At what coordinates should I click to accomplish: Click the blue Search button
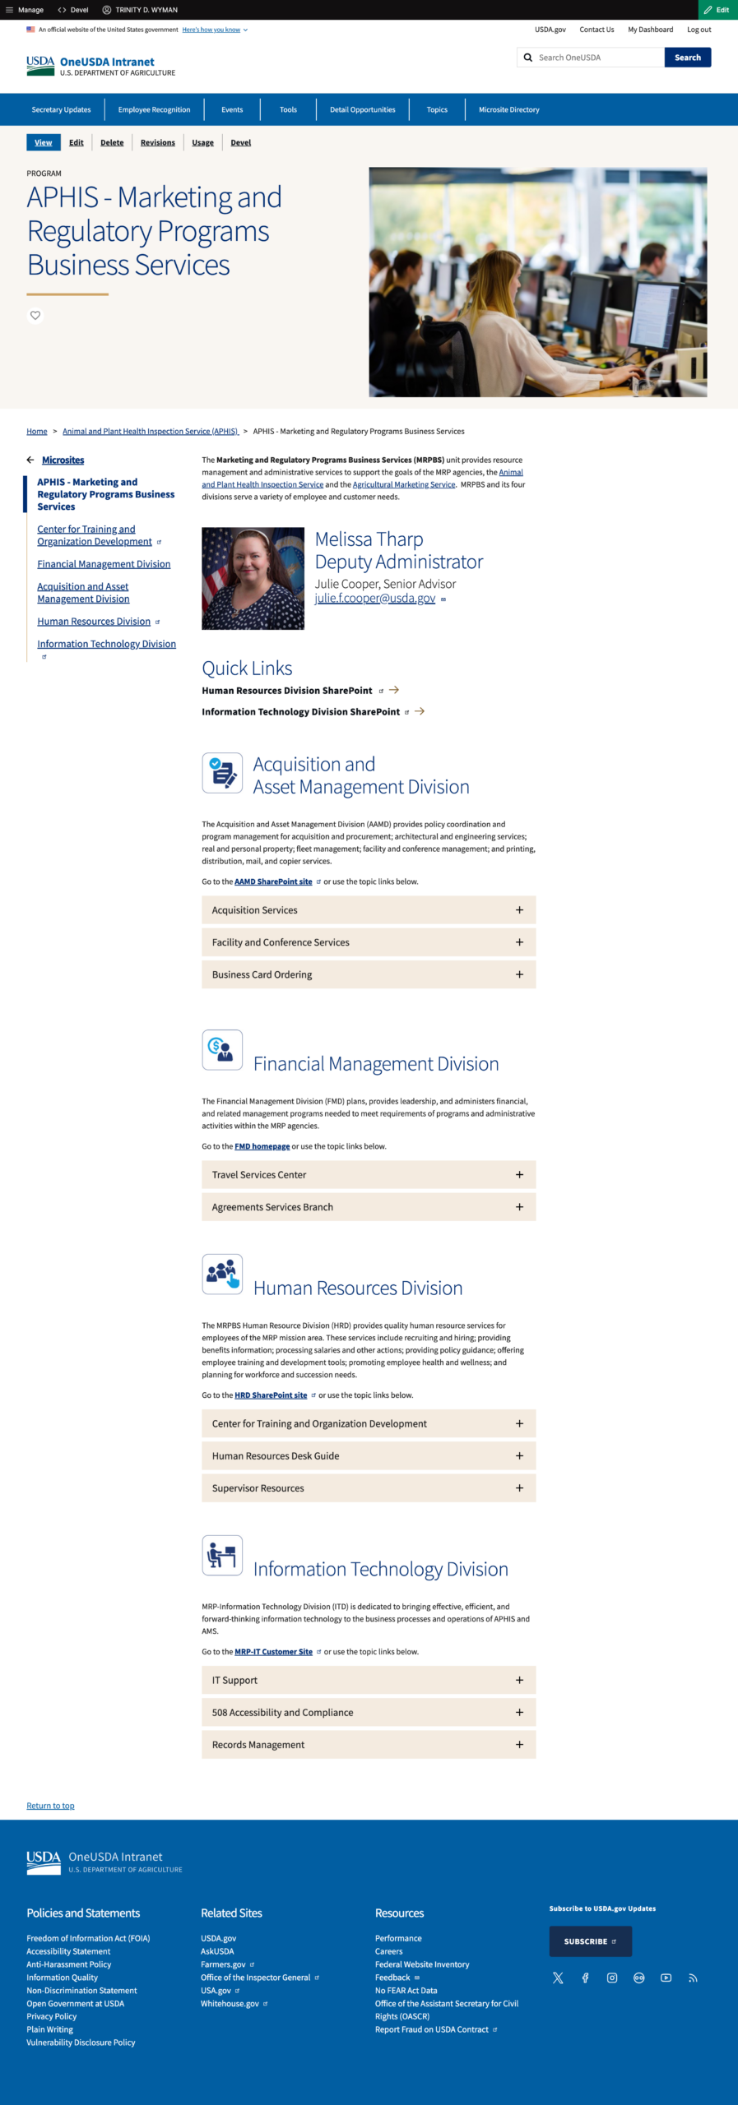coord(687,58)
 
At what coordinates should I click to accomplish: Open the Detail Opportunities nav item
coord(362,109)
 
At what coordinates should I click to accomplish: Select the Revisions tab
coord(157,142)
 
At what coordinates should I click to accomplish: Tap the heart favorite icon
coord(35,316)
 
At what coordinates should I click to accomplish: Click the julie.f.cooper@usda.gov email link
coord(375,599)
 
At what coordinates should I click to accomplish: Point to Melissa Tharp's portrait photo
coord(253,578)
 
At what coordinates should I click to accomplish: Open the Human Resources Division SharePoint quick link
coord(287,691)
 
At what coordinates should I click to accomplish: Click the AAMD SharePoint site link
coord(273,881)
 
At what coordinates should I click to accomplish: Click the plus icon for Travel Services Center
coord(519,1175)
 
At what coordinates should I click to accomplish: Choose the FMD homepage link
coord(262,1146)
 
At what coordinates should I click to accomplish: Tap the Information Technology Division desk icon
coord(222,1555)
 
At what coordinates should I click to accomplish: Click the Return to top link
coord(50,1806)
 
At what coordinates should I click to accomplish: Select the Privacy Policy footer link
coord(51,2016)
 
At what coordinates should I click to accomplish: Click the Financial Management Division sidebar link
coord(104,564)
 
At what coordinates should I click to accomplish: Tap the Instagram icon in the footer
coord(612,1978)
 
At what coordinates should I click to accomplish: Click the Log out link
coord(699,30)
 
